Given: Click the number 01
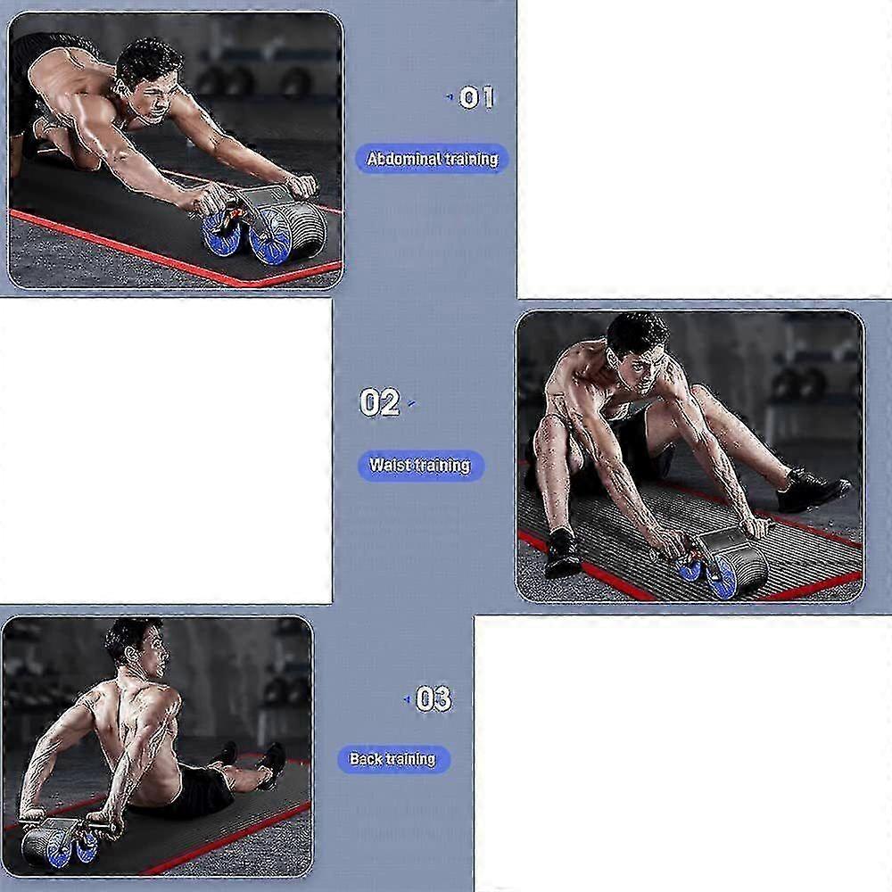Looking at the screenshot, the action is click(x=476, y=98).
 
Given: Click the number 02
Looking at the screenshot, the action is click(x=379, y=402).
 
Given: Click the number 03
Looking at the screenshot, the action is click(x=434, y=698).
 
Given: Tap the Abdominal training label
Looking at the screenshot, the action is click(x=432, y=159).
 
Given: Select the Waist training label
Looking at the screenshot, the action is click(x=420, y=466).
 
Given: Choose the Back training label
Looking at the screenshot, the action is click(x=393, y=759).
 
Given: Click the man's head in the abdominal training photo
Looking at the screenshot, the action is click(x=150, y=79).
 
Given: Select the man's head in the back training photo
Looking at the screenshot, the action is click(x=137, y=646).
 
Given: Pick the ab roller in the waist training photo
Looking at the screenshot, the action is click(x=717, y=560).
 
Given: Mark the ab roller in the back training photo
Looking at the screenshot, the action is click(x=62, y=842).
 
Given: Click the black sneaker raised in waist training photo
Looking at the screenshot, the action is click(x=813, y=489).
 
